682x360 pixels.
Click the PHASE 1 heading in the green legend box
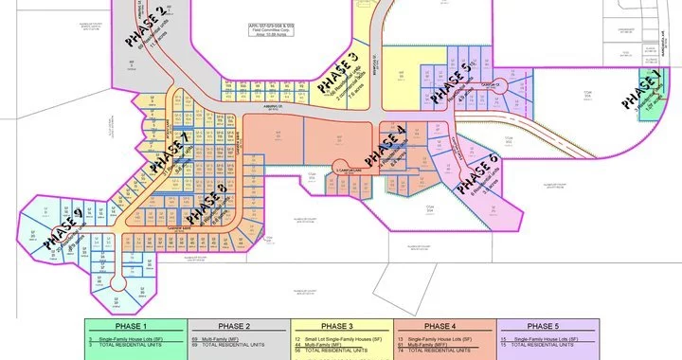(x=136, y=327)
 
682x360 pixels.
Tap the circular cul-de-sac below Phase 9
(x=117, y=282)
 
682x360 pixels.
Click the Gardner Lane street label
(x=194, y=226)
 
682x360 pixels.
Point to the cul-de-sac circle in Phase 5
(x=507, y=86)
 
